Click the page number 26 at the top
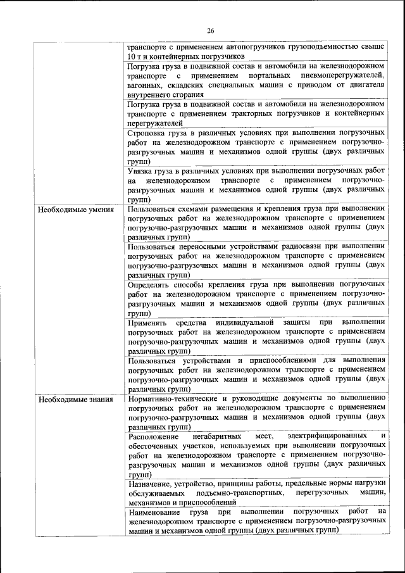(211, 30)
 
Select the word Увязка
(142, 171)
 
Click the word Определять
(152, 285)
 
